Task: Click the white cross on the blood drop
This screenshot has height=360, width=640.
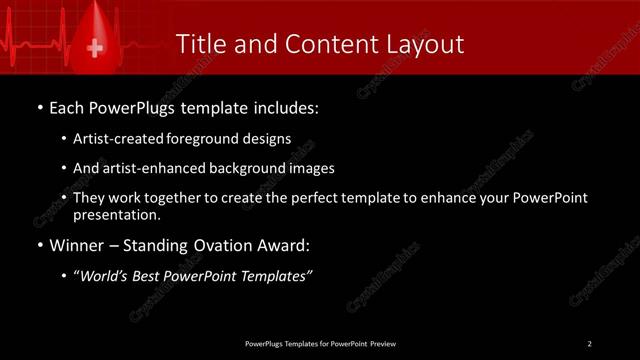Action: point(95,48)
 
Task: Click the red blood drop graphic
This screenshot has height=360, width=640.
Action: point(95,35)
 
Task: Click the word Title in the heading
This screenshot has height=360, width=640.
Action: point(201,44)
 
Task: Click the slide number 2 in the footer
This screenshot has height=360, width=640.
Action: point(590,344)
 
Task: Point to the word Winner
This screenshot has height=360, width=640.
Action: point(77,244)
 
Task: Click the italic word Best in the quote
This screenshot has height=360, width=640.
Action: point(149,276)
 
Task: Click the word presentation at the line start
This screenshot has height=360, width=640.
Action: point(116,214)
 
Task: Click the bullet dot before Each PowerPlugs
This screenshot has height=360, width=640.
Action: point(38,106)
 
